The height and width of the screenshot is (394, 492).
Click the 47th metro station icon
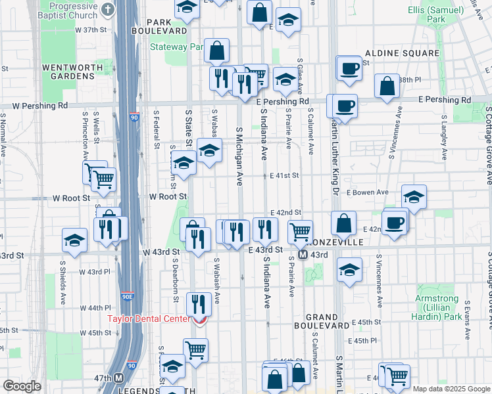118,378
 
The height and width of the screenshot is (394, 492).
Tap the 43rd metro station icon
303,255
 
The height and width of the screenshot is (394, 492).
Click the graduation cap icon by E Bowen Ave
414,197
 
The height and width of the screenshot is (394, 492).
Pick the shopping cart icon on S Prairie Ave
300,231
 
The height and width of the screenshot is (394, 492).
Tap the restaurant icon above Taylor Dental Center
198,303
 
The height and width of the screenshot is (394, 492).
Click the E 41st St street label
285,175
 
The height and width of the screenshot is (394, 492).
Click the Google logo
22,386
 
